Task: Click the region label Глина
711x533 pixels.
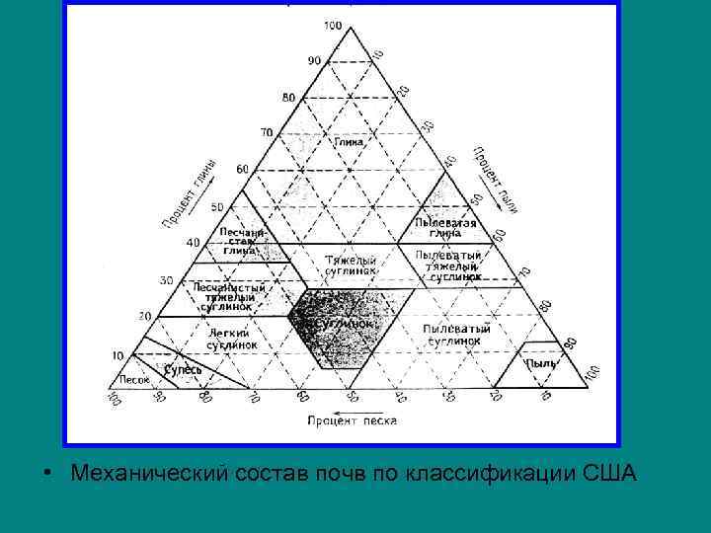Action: point(348,142)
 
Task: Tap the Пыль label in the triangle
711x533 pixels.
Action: point(540,363)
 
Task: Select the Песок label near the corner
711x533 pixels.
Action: point(133,379)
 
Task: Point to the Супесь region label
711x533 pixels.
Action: point(183,369)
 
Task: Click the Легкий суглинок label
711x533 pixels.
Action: point(232,340)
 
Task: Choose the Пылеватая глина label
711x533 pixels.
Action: point(445,228)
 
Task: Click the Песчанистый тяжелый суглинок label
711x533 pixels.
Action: point(228,296)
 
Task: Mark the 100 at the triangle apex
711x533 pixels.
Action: point(332,25)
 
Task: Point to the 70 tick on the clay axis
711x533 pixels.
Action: point(266,131)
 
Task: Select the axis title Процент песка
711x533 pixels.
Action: point(352,420)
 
